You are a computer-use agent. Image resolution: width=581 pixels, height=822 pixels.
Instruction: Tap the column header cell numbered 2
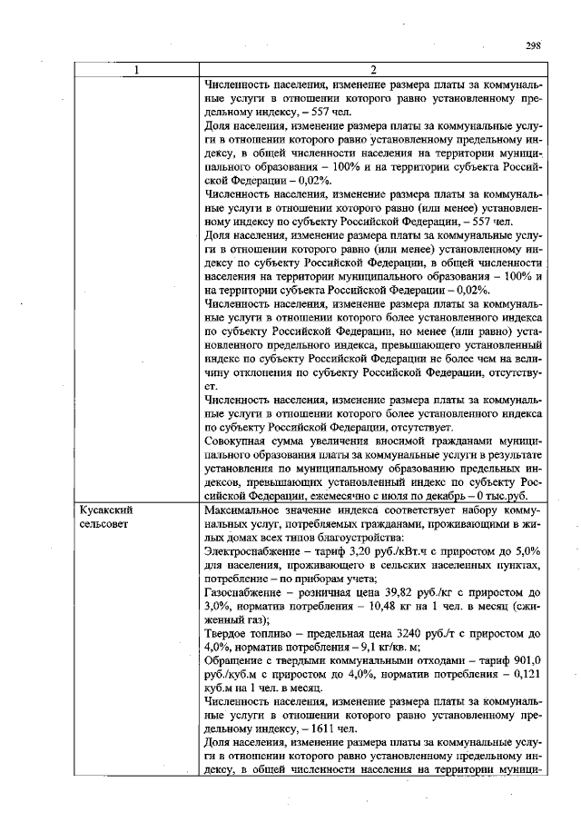[373, 72]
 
